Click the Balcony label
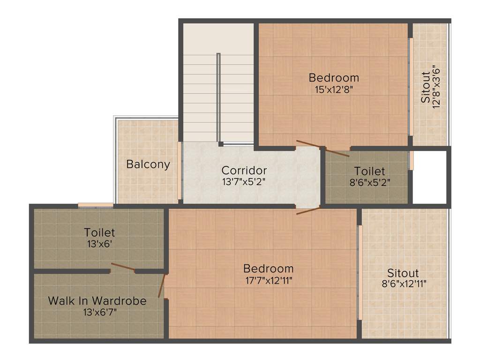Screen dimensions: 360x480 [x=148, y=165]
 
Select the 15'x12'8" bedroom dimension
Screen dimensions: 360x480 [x=334, y=89]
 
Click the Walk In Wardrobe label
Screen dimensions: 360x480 [x=97, y=300]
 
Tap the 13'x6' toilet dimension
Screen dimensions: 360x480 [x=99, y=243]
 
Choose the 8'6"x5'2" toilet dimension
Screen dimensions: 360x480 [x=369, y=182]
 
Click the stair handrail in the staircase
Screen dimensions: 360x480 [x=218, y=98]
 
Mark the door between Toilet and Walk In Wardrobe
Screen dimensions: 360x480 [x=123, y=268]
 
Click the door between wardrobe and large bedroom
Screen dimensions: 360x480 [x=162, y=286]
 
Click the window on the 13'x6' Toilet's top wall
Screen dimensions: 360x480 [x=96, y=205]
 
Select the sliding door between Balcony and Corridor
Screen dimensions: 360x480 [x=180, y=171]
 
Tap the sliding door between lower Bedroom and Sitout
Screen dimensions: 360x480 [x=360, y=273]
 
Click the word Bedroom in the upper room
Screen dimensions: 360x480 [x=334, y=77]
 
